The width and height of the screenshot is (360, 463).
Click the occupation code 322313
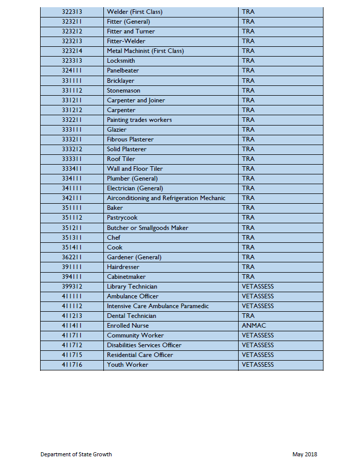coord(72,12)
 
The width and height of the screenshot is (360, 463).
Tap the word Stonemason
coord(123,91)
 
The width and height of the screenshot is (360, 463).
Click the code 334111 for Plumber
coord(72,179)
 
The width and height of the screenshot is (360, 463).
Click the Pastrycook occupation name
coord(122,218)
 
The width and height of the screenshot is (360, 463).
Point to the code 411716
coord(72,365)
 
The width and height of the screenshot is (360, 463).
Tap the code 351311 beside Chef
coord(72,238)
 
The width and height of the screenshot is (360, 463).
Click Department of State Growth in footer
coord(76,454)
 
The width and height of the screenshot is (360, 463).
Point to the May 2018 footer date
coord(305,454)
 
